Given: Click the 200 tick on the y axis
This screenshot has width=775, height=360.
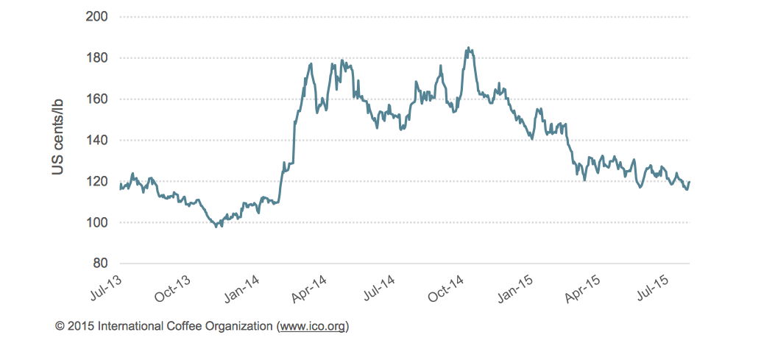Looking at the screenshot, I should pyautogui.click(x=97, y=16).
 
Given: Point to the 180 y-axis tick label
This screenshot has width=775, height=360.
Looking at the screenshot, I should pyautogui.click(x=97, y=57).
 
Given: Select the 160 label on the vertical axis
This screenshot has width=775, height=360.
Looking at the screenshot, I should pyautogui.click(x=97, y=99).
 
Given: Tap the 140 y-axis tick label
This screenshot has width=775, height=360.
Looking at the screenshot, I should pyautogui.click(x=97, y=140).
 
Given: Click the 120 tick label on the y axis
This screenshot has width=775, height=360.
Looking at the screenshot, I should pyautogui.click(x=97, y=181).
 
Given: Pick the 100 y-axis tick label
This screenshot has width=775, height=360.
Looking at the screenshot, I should pyautogui.click(x=97, y=222).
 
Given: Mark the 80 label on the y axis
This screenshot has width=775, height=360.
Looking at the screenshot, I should pyautogui.click(x=100, y=264).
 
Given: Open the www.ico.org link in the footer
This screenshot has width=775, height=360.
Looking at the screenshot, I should pyautogui.click(x=312, y=325).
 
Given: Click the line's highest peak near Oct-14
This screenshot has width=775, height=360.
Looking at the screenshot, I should pyautogui.click(x=468, y=48).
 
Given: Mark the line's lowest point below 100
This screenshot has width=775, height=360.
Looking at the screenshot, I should pyautogui.click(x=216, y=227).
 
